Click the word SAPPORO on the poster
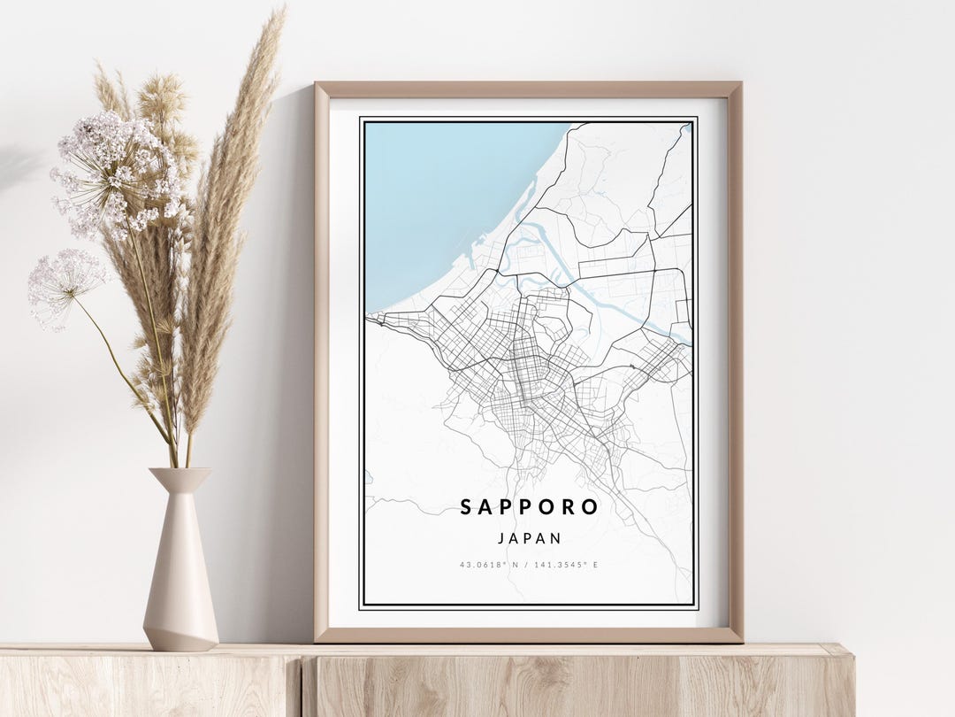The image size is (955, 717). point(529,507)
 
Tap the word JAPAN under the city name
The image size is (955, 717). point(529,537)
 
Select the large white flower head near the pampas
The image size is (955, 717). point(119,173)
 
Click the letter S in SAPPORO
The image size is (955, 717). point(466,507)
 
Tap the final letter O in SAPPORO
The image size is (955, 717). point(591,507)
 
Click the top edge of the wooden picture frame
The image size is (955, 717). point(529,89)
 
